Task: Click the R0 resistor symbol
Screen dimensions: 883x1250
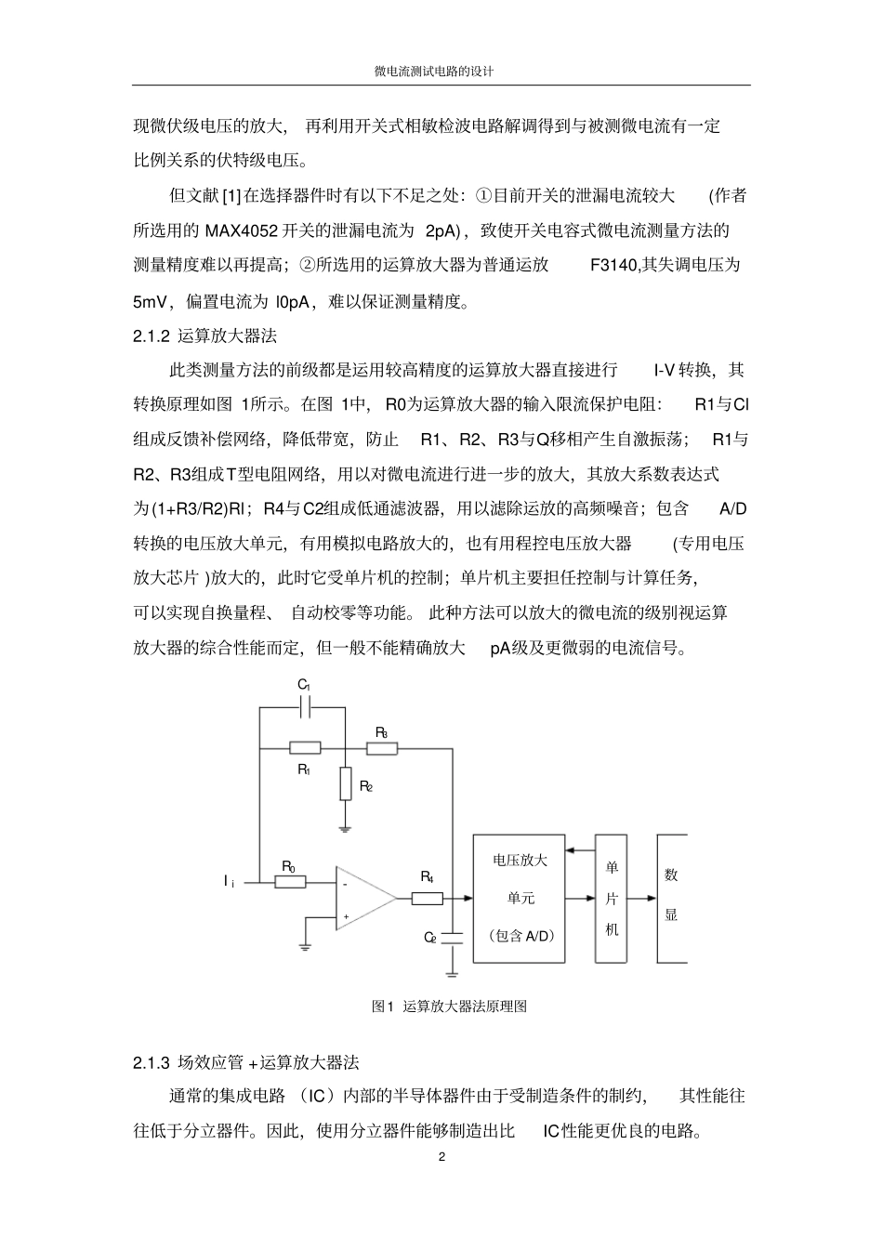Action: (x=290, y=880)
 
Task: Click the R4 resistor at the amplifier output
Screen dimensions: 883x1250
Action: (x=427, y=899)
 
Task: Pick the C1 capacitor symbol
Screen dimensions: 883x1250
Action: (x=304, y=707)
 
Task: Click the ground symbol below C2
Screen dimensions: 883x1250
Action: (x=452, y=972)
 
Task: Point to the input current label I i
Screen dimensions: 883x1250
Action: (x=228, y=880)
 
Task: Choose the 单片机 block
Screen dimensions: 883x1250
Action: (x=612, y=898)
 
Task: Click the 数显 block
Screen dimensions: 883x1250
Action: (x=671, y=898)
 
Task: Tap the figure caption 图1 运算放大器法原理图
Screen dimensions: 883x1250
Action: (x=449, y=1007)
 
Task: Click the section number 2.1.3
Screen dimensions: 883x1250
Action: (x=152, y=1062)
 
